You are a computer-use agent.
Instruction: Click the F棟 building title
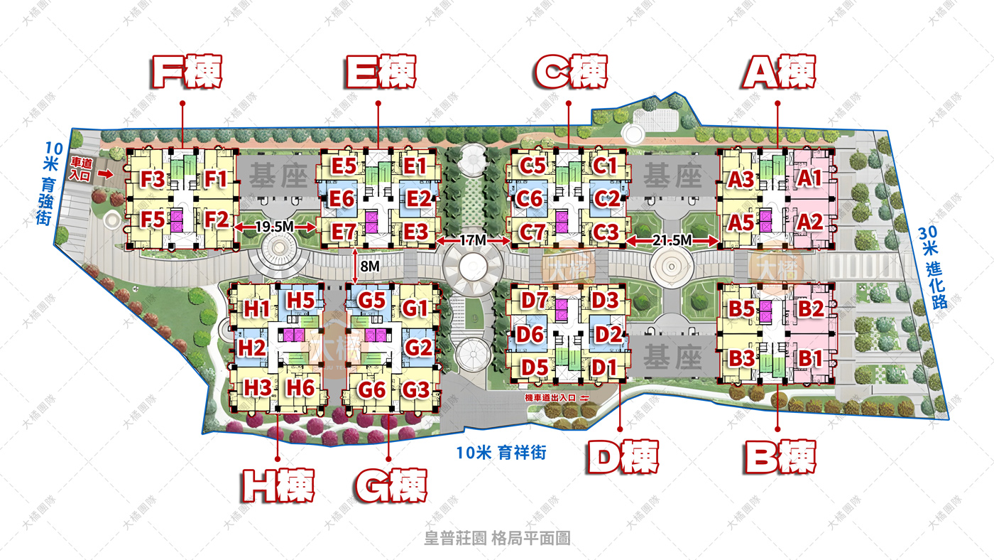(187, 72)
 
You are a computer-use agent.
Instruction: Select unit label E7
(343, 231)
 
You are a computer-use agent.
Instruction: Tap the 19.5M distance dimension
(274, 227)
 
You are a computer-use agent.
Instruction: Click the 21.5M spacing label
(672, 242)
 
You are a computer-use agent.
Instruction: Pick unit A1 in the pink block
(809, 178)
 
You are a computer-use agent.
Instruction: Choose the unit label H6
(300, 387)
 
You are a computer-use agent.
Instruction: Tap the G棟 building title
(390, 486)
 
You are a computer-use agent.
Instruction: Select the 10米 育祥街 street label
(501, 452)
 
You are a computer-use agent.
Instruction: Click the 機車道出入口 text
(551, 397)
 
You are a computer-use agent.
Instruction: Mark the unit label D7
(534, 300)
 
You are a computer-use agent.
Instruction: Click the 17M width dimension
(473, 242)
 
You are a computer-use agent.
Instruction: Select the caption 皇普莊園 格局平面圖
(497, 539)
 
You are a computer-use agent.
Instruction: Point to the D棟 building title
(623, 457)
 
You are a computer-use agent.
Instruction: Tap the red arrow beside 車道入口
(106, 173)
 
